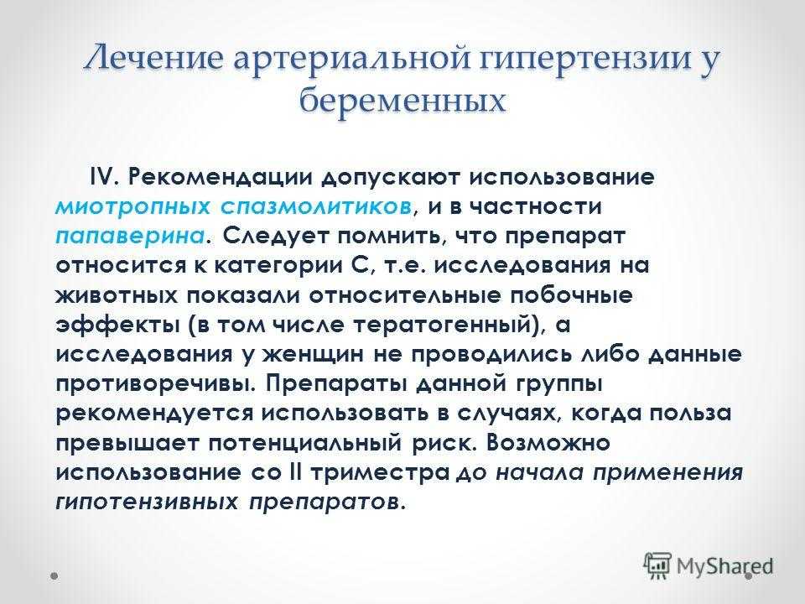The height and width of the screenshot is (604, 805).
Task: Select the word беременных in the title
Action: (402, 100)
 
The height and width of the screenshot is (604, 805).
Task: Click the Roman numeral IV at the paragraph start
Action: (104, 177)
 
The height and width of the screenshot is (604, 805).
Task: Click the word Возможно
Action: (548, 443)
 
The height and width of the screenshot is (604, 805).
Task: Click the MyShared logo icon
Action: (657, 566)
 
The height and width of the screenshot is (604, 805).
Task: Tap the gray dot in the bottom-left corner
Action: (54, 576)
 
